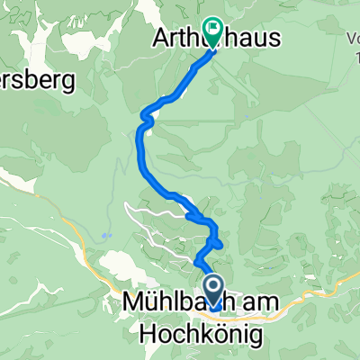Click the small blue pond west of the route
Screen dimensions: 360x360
coord(105,235)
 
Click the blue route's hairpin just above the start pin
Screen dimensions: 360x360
coord(214,243)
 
